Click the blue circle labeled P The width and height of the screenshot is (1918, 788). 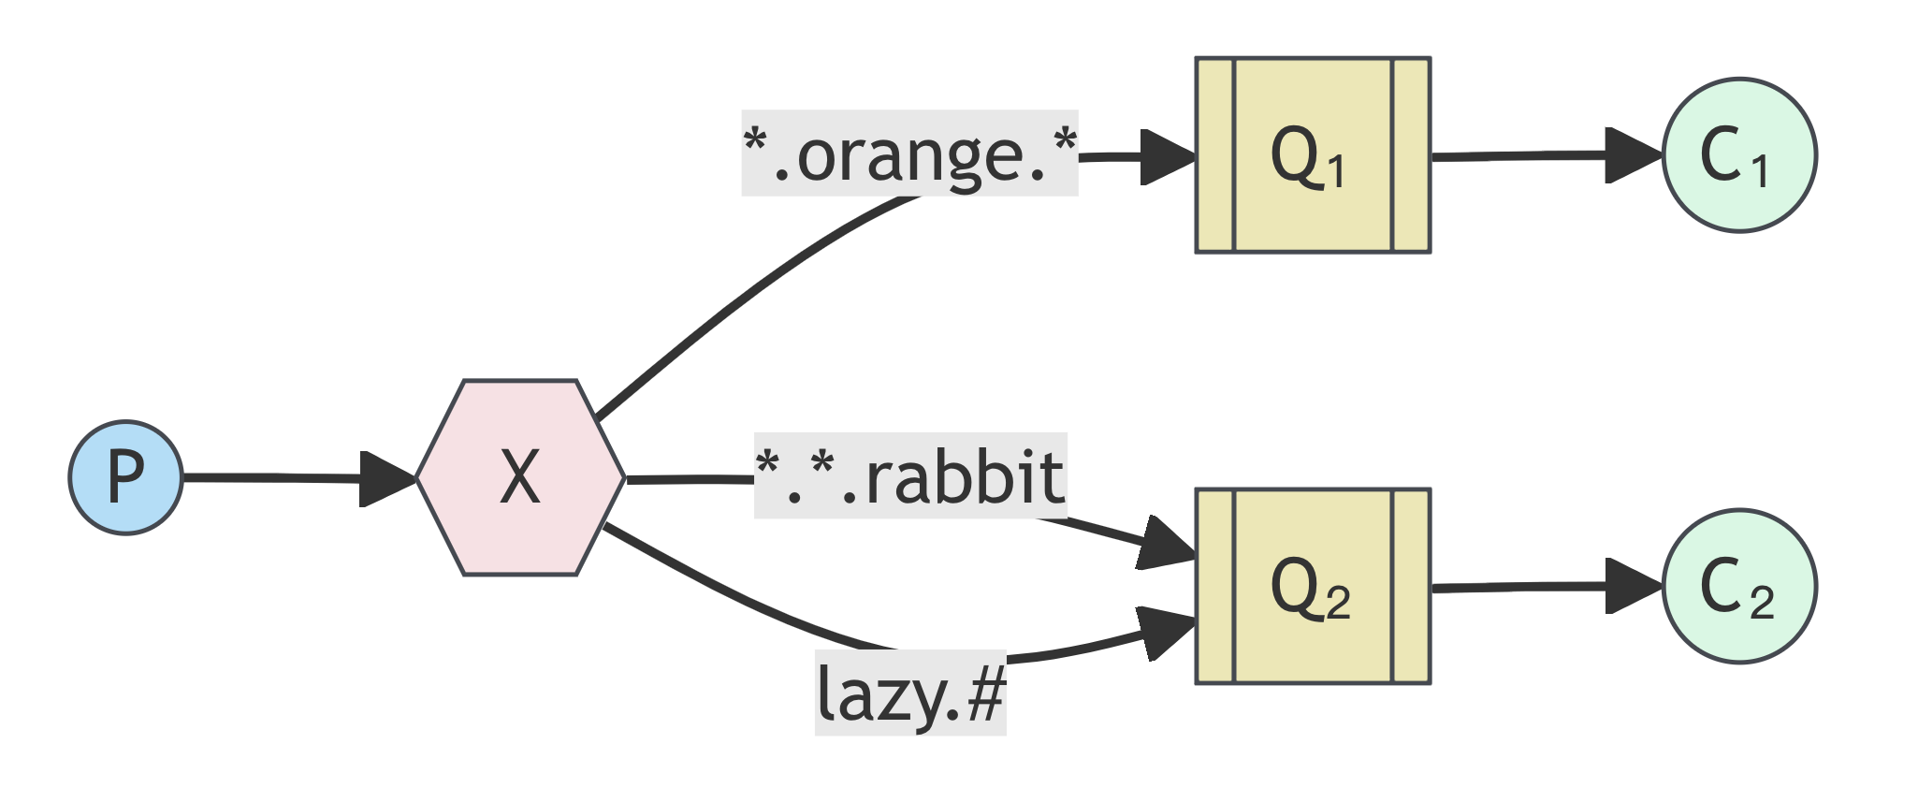[x=125, y=477]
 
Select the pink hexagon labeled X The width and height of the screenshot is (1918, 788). [x=520, y=477]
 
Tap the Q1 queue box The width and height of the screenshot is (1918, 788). [x=1313, y=155]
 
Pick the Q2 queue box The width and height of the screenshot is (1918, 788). [x=1313, y=587]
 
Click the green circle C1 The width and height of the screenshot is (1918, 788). [x=1739, y=155]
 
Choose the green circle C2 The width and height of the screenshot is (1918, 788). [x=1739, y=587]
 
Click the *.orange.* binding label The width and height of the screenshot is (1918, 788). [x=909, y=153]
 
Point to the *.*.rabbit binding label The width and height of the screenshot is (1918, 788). [x=909, y=476]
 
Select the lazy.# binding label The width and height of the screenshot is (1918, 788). [x=910, y=693]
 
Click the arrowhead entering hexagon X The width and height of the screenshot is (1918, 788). [x=387, y=479]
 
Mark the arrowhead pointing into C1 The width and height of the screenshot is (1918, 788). [x=1633, y=155]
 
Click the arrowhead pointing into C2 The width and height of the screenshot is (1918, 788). [x=1633, y=587]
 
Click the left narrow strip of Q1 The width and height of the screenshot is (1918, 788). [x=1215, y=155]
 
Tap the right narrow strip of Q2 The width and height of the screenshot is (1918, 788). [x=1411, y=587]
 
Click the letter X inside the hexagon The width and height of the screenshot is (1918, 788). [x=520, y=477]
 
